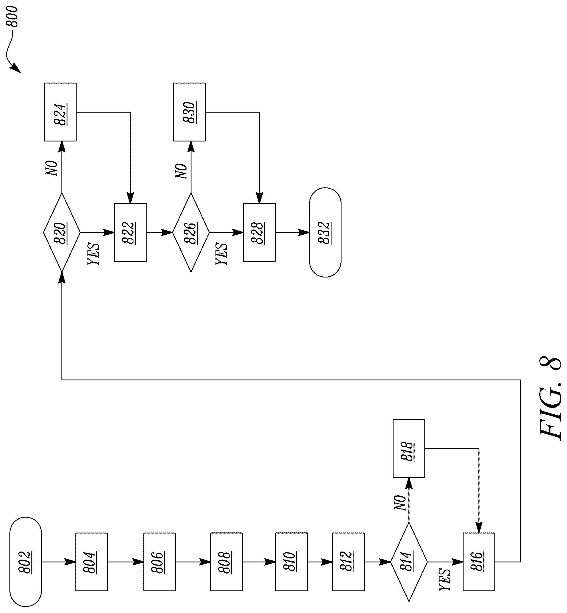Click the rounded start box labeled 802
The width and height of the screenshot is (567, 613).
pyautogui.click(x=26, y=562)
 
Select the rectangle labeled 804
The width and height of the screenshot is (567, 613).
pyautogui.click(x=91, y=562)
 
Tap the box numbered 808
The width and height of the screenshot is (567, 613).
pyautogui.click(x=226, y=562)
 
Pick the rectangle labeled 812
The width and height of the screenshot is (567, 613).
pyautogui.click(x=348, y=562)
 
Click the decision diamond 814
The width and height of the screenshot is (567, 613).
pyautogui.click(x=409, y=562)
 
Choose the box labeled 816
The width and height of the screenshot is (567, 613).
pyautogui.click(x=479, y=562)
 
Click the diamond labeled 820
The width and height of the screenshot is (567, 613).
pyautogui.click(x=62, y=232)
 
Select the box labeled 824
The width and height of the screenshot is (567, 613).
pyautogui.click(x=60, y=112)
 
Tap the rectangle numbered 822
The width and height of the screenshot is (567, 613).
pyautogui.click(x=130, y=232)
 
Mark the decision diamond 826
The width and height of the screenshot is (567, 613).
pyautogui.click(x=191, y=232)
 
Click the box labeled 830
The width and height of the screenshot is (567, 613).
pyautogui.click(x=189, y=112)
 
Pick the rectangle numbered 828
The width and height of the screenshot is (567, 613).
pyautogui.click(x=259, y=232)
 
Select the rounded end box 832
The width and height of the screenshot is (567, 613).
pyautogui.click(x=325, y=232)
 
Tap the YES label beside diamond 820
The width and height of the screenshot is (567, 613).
pyautogui.click(x=93, y=254)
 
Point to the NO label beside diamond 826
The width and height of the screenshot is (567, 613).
pyautogui.click(x=181, y=171)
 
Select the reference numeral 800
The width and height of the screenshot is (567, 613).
pyautogui.click(x=13, y=16)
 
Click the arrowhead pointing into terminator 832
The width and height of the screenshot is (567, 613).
pyautogui.click(x=304, y=232)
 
